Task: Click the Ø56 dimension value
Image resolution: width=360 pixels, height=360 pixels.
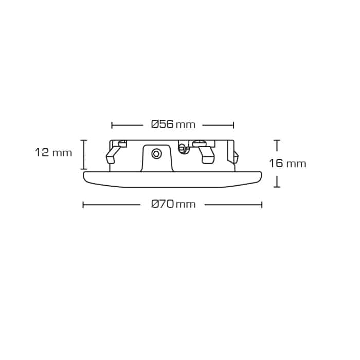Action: [x=162, y=124]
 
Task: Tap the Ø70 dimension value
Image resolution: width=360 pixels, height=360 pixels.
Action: [x=163, y=204]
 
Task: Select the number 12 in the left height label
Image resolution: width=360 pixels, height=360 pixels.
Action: [x=42, y=153]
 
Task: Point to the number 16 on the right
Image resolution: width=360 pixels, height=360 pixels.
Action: [x=276, y=164]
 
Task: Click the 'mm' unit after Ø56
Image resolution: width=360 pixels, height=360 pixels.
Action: [x=186, y=125]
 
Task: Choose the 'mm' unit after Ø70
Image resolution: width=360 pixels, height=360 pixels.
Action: [x=186, y=205]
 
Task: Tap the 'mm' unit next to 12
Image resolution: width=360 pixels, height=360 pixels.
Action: [x=62, y=154]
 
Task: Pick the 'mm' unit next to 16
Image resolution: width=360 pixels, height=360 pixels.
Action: [x=296, y=165]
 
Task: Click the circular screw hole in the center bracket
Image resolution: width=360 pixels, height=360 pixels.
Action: [x=156, y=154]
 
